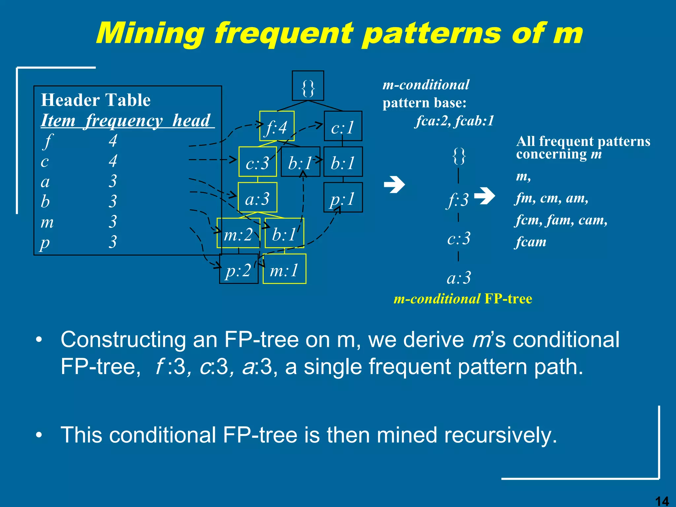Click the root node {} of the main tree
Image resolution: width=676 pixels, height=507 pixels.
coord(308,86)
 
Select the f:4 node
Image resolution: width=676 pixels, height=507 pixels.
coord(277,127)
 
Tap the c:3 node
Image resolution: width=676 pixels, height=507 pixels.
coord(257,162)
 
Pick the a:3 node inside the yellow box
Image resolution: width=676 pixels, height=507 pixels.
coord(257,198)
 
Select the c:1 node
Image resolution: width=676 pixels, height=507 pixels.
coord(343,126)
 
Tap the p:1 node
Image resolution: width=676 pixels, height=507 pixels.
coord(343,198)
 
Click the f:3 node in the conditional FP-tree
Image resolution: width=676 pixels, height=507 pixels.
coord(458,199)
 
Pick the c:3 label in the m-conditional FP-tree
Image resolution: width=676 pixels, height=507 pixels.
coord(459,238)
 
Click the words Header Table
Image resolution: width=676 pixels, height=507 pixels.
coord(96,100)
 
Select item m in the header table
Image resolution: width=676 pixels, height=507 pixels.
coord(47,222)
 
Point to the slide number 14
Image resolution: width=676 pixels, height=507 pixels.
coord(661,501)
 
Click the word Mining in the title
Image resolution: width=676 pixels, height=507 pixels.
coord(150,33)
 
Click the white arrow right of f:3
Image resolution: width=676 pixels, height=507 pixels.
coord(485,196)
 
